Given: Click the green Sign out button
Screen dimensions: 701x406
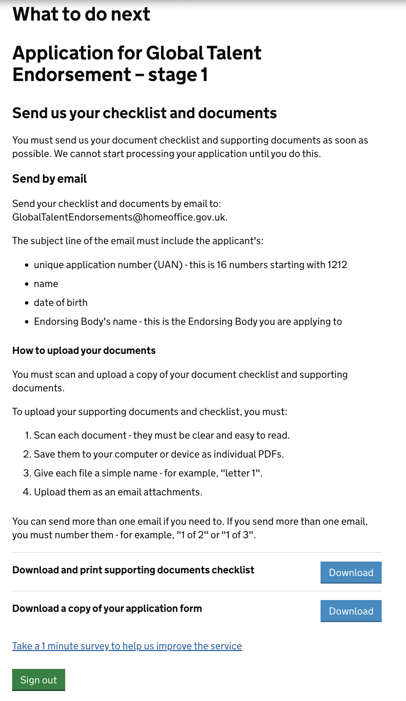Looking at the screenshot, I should tap(39, 679).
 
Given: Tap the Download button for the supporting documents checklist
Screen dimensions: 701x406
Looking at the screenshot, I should tap(351, 572).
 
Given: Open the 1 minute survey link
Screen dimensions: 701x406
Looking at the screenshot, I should tap(127, 646).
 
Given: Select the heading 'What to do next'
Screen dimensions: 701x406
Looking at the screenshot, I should tap(81, 14).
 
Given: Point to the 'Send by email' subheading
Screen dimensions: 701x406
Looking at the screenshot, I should tap(50, 179).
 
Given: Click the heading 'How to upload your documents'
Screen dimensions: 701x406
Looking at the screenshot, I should tap(84, 350).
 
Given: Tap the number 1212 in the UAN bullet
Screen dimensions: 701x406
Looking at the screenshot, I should tap(337, 265).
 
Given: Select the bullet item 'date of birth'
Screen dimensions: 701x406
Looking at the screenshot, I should tap(60, 303).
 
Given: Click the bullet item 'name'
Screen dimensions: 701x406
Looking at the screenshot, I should tap(46, 284).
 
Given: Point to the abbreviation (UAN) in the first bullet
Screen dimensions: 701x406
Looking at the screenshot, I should tap(168, 265).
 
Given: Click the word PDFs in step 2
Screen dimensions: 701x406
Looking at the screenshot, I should tap(270, 454).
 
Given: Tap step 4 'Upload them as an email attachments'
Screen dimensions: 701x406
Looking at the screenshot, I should tap(118, 492).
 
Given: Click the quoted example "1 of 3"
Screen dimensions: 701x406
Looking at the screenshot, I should tap(238, 535).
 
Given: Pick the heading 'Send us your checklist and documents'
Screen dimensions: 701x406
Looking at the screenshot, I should tap(145, 113).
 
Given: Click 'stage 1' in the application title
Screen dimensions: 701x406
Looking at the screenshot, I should tap(178, 75).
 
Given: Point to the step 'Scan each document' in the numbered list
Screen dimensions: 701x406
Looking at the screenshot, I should tap(80, 435).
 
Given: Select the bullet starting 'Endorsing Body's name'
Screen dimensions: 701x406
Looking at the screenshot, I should tap(188, 321).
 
